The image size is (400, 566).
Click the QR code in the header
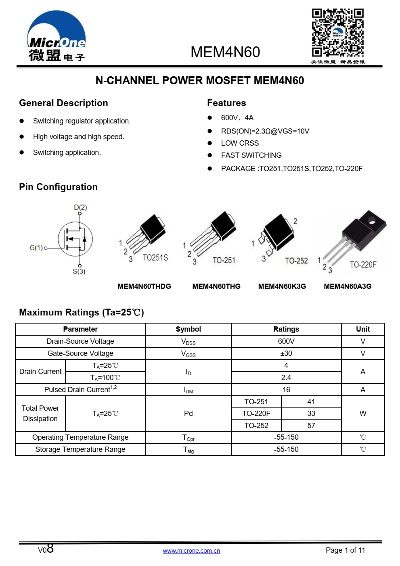[337, 33]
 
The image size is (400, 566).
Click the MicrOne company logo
[57, 37]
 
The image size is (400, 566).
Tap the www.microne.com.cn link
[191, 551]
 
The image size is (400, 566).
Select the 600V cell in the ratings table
[286, 341]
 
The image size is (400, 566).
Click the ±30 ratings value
[286, 353]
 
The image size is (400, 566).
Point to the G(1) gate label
[36, 248]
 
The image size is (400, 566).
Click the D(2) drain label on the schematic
[80, 207]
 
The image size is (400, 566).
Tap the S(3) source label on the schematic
[79, 272]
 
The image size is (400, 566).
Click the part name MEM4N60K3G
[282, 286]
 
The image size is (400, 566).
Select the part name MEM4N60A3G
[348, 286]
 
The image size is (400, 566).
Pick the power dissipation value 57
[311, 426]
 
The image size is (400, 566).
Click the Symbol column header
[188, 329]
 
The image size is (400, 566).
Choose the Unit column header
[363, 329]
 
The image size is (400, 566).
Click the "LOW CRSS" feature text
[240, 143]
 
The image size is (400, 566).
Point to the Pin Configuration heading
[59, 187]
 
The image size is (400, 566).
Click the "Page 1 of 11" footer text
[345, 550]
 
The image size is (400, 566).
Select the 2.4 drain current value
[286, 378]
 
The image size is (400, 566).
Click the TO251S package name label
[155, 257]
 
